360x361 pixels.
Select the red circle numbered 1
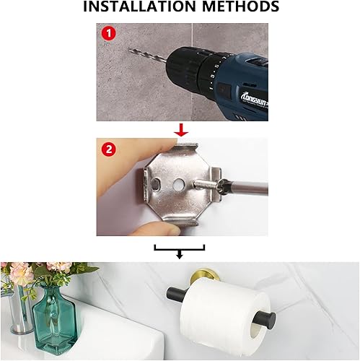coord(108,33)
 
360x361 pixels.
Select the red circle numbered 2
coord(108,149)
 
